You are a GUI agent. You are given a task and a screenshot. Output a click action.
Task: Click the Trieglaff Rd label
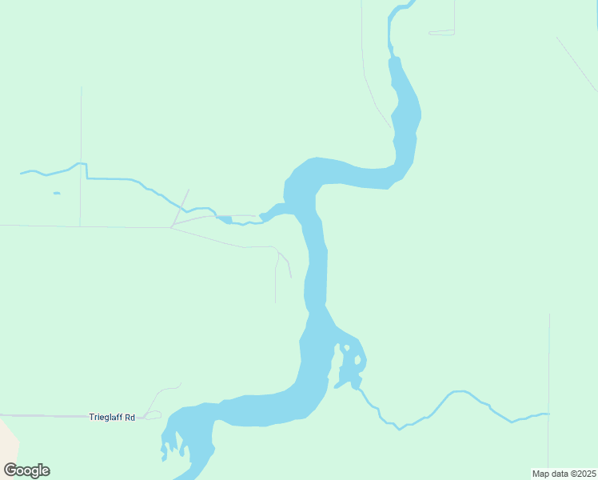pyautogui.click(x=112, y=417)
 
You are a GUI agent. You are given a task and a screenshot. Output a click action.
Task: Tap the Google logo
pyautogui.click(x=26, y=470)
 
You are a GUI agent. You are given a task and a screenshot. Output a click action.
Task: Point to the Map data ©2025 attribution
pyautogui.click(x=564, y=474)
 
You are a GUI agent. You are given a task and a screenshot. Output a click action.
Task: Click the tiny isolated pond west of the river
pyautogui.click(x=57, y=193)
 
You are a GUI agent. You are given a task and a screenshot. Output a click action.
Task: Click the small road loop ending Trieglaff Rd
pyautogui.click(x=153, y=415)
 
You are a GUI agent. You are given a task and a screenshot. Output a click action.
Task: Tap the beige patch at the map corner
pyautogui.click(x=6, y=439)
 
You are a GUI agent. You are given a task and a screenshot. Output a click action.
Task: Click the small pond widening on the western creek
pyautogui.click(x=224, y=218)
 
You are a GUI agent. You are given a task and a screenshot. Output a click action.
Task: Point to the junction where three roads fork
pyautogui.click(x=172, y=227)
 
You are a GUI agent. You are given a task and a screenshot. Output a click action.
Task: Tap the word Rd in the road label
pyautogui.click(x=130, y=417)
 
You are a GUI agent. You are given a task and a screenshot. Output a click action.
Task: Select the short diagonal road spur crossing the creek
pyautogui.click(x=181, y=207)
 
